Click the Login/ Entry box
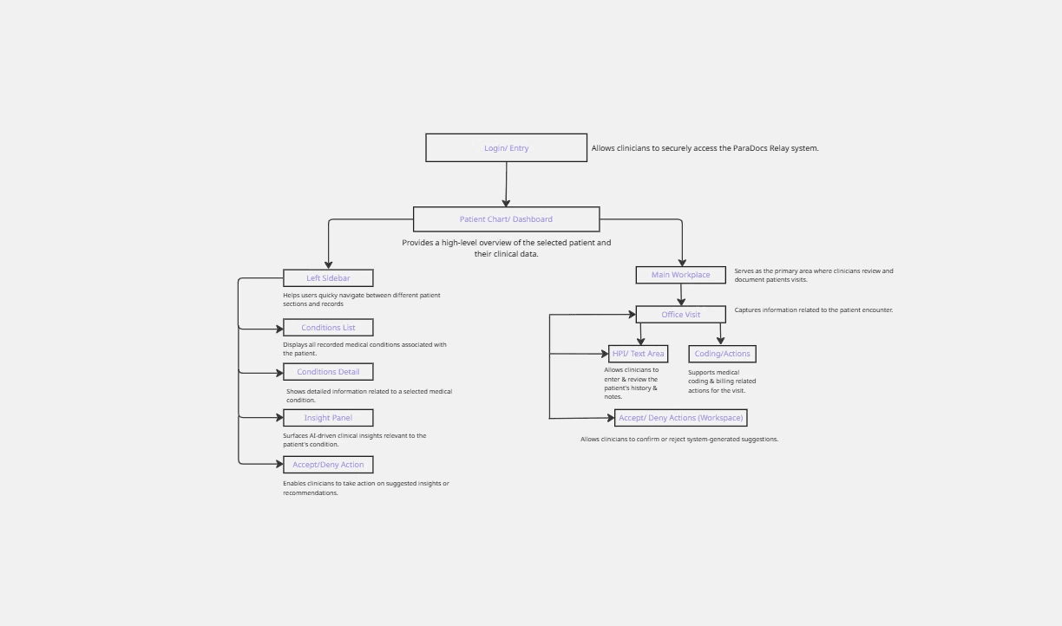506,148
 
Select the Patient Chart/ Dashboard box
506,219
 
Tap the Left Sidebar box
328,278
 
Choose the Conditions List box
328,328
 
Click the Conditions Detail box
328,372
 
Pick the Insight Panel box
328,418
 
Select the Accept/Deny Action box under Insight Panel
328,465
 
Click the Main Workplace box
680,275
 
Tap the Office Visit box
680,315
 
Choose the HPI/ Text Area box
638,354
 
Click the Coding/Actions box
722,354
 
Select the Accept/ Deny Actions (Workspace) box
680,418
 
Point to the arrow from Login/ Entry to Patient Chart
506,184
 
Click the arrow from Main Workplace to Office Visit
681,295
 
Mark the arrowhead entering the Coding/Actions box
720,341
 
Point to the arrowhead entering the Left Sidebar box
328,264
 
